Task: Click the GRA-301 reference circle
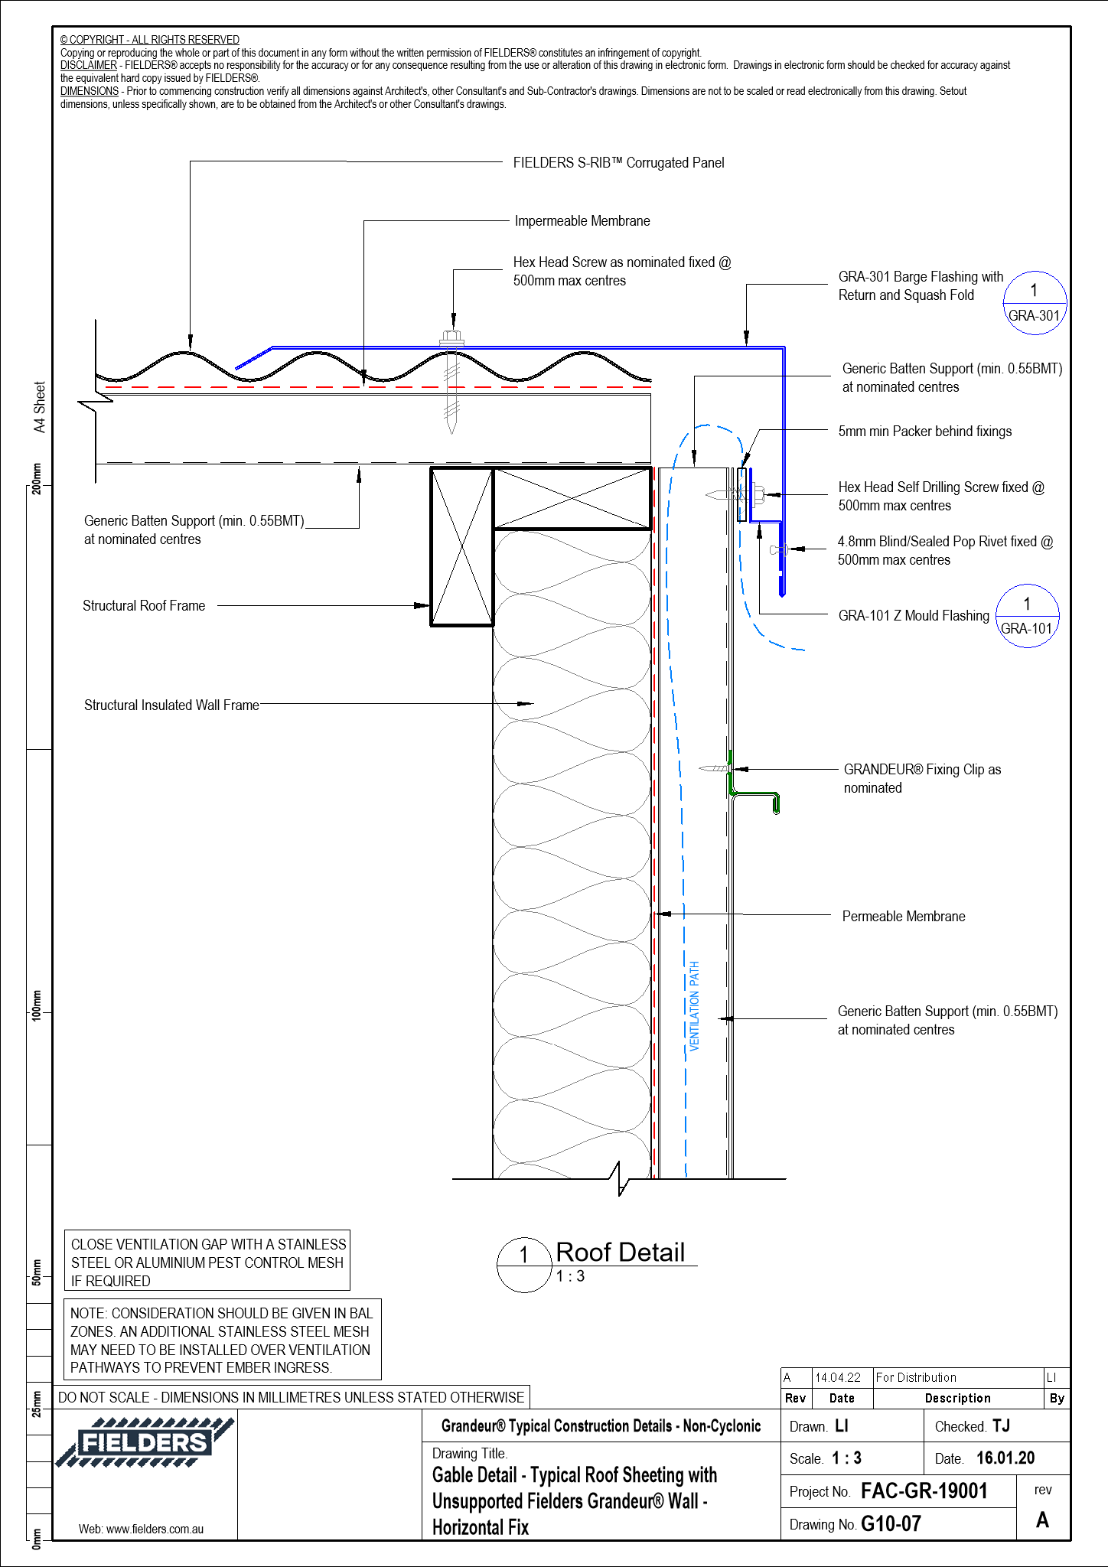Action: pyautogui.click(x=1035, y=303)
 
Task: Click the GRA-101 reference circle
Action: pyautogui.click(x=1027, y=616)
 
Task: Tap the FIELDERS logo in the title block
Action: pyautogui.click(x=144, y=1443)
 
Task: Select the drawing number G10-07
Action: pyautogui.click(x=891, y=1523)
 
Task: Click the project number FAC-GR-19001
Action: pyautogui.click(x=924, y=1490)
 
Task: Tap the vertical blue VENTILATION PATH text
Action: pyautogui.click(x=695, y=1005)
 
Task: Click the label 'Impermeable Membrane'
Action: pyautogui.click(x=582, y=221)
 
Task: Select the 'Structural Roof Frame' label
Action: pyautogui.click(x=144, y=606)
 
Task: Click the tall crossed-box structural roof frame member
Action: pyautogui.click(x=461, y=546)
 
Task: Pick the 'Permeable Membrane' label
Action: pyautogui.click(x=903, y=917)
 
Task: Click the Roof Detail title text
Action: pyautogui.click(x=620, y=1253)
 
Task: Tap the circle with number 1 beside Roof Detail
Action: pyautogui.click(x=524, y=1265)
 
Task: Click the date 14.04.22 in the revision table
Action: pyautogui.click(x=838, y=1377)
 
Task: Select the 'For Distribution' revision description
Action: pyautogui.click(x=916, y=1377)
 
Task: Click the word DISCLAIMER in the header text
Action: pyautogui.click(x=89, y=65)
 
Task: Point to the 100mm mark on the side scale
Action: pyautogui.click(x=36, y=1004)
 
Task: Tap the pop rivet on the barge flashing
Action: pyautogui.click(x=778, y=549)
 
